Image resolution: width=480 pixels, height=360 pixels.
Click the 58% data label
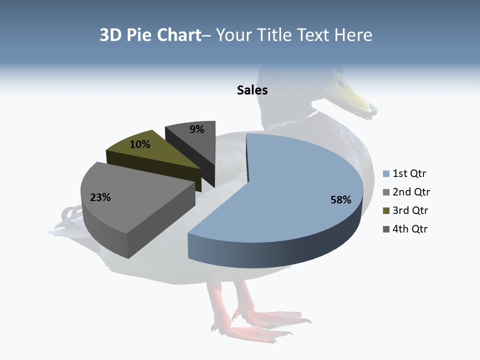[340, 200]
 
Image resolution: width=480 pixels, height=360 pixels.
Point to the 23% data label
[100, 197]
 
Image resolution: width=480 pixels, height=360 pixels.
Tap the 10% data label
[140, 144]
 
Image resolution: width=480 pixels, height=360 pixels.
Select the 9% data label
[197, 129]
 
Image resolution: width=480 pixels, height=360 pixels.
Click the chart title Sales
[252, 90]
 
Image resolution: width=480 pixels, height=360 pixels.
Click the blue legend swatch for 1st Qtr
[386, 174]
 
